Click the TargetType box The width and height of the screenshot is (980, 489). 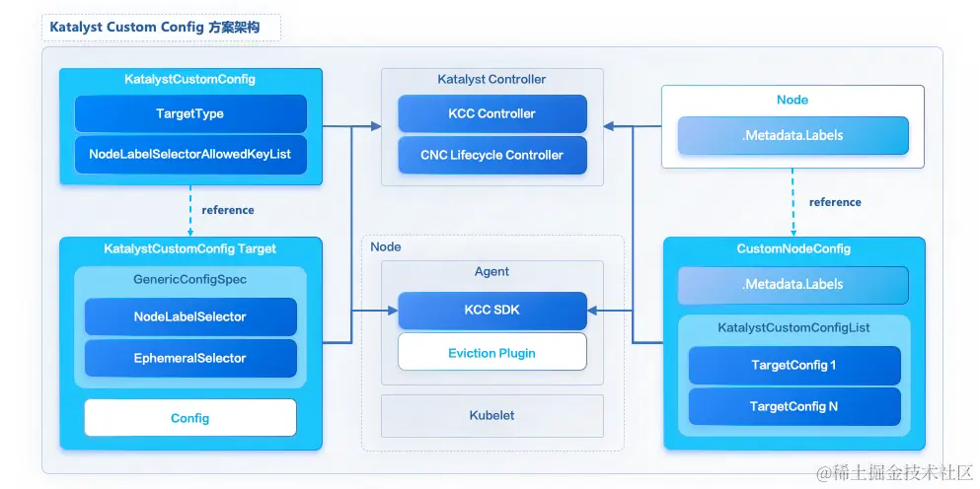(190, 113)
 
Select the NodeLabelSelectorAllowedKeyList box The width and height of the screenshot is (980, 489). (190, 154)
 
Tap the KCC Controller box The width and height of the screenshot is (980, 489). (491, 113)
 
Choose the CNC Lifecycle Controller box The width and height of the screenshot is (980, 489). (491, 155)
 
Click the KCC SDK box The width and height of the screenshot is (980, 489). (491, 310)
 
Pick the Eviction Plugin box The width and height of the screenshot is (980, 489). (491, 352)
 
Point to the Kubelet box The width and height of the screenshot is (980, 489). (491, 415)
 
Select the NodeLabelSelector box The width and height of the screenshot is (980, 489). (190, 316)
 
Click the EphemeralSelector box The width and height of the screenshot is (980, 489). (190, 358)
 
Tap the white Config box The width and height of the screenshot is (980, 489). (190, 418)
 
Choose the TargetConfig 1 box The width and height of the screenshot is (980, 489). (793, 365)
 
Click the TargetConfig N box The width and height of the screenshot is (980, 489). (793, 406)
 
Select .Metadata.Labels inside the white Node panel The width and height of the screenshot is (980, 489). (792, 135)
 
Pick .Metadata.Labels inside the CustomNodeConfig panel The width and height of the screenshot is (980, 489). (792, 284)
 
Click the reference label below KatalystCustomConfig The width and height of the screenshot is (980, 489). (227, 210)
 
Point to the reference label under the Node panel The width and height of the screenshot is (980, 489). (835, 202)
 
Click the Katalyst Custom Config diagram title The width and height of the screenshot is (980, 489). (155, 28)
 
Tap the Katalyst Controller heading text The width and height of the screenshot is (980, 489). (491, 79)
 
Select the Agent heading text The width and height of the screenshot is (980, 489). (491, 271)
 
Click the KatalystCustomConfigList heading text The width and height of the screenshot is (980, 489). (793, 327)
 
